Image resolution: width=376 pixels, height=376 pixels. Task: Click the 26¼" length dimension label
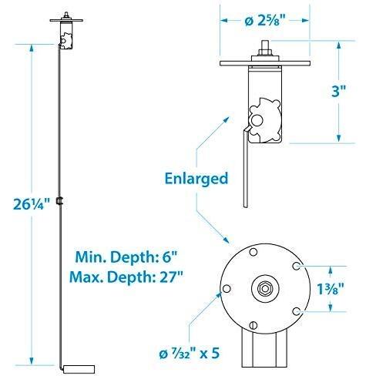pos(32,204)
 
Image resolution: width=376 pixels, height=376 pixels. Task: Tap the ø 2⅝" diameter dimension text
pos(265,21)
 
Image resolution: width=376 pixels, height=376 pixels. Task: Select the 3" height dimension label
pos(338,90)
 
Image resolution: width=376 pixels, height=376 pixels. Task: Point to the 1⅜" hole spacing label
pos(331,289)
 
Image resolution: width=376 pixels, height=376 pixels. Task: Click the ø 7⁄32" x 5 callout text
pos(190,354)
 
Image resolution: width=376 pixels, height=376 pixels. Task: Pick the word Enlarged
pos(196,179)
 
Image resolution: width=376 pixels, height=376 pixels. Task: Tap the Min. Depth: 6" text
pos(126,257)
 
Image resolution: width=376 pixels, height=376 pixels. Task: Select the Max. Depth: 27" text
pos(126,277)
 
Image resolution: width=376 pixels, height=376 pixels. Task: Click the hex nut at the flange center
pos(265,288)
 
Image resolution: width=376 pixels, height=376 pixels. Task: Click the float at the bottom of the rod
pos(79,369)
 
